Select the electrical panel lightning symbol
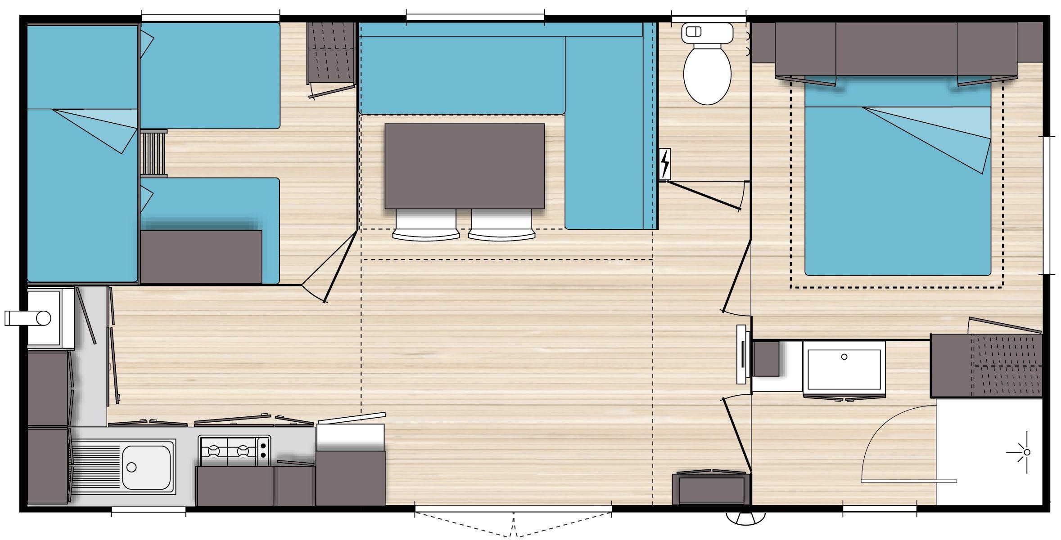pyautogui.click(x=664, y=164)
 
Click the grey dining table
pyautogui.click(x=465, y=166)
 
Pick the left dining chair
pyautogui.click(x=426, y=225)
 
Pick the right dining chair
pyautogui.click(x=501, y=225)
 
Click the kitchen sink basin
pyautogui.click(x=146, y=467)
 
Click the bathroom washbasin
pyautogui.click(x=844, y=365)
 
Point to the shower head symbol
pyautogui.click(x=1027, y=452)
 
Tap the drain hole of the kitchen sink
pyautogui.click(x=131, y=468)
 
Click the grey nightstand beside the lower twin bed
pyautogui.click(x=201, y=256)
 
